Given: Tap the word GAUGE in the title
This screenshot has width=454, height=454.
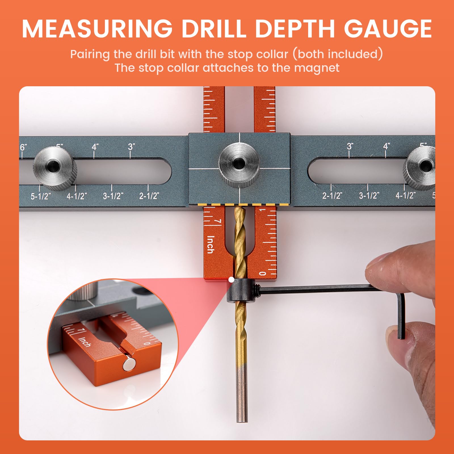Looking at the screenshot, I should tap(388, 29).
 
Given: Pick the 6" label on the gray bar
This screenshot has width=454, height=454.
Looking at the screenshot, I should tap(23, 147).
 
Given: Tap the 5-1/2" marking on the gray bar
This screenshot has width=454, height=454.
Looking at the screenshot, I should tap(41, 196).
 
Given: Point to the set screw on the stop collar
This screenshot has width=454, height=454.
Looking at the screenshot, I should tap(257, 290).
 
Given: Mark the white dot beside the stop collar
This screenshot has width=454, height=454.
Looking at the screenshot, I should tap(231, 280).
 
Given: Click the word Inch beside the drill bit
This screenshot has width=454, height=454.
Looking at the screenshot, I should tap(210, 244).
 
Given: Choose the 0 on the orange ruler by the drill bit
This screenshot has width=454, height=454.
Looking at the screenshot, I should tap(262, 273).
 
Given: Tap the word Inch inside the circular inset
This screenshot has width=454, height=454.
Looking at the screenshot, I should tap(85, 342).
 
